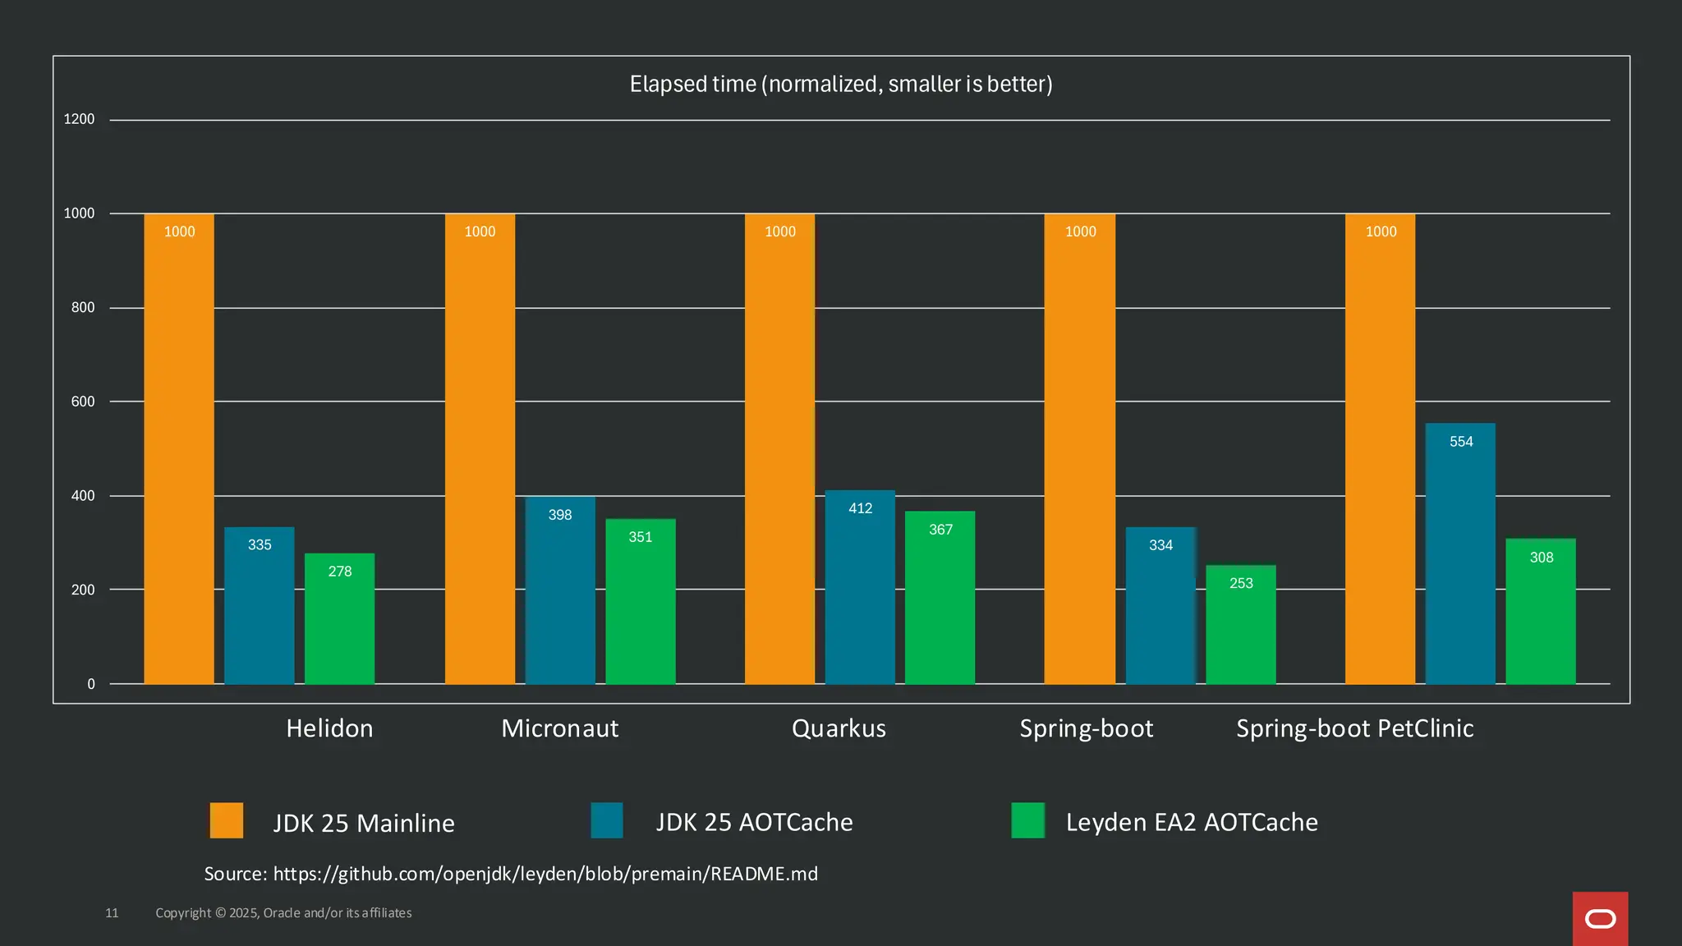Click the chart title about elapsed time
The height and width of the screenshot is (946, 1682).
click(841, 84)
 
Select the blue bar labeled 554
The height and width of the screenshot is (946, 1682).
click(1460, 554)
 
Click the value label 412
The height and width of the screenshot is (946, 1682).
click(860, 508)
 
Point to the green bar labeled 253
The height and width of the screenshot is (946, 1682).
click(1240, 625)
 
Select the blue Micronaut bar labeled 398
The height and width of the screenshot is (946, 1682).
click(560, 590)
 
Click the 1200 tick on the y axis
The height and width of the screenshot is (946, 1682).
click(79, 119)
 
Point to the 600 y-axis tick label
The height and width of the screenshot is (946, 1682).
click(83, 402)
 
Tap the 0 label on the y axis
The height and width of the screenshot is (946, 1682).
click(91, 684)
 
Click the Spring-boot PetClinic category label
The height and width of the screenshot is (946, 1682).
click(1354, 728)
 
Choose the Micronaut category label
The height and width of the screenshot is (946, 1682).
click(559, 728)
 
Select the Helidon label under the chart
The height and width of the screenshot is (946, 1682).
click(329, 728)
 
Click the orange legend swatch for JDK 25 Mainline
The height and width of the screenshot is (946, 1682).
click(227, 820)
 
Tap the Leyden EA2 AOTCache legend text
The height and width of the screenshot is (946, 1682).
click(1191, 822)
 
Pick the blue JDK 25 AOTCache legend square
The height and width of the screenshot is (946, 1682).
click(607, 820)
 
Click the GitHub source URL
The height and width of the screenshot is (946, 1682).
click(545, 874)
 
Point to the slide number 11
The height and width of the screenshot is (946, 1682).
click(112, 913)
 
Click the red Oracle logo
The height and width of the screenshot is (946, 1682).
click(1600, 919)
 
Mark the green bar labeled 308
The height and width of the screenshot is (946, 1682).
click(1540, 612)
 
